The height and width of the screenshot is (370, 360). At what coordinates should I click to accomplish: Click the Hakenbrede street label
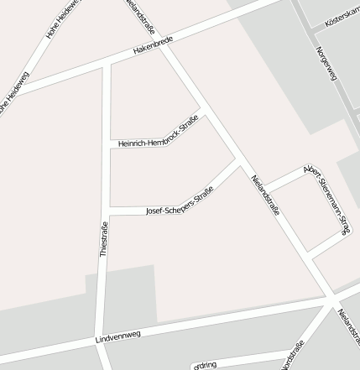(x=152, y=50)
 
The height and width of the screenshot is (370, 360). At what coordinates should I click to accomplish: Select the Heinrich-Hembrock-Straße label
(x=158, y=135)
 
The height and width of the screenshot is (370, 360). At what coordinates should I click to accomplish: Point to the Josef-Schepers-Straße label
(x=179, y=201)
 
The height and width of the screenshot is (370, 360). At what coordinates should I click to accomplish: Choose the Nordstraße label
(x=293, y=356)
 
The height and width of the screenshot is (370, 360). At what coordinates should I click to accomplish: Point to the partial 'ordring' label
(x=205, y=365)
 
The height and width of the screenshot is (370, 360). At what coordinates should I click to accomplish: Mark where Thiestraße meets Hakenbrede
(x=107, y=65)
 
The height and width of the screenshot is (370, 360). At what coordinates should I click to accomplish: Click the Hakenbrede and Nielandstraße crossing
(x=163, y=45)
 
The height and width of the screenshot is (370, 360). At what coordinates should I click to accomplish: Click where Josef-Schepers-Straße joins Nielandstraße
(x=239, y=159)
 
